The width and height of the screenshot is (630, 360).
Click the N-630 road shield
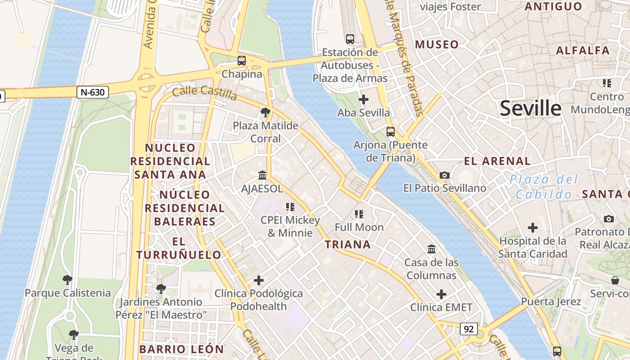93,93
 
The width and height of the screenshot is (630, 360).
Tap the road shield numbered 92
468,329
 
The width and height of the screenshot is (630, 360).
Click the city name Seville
531,108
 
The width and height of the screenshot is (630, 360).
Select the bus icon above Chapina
242,60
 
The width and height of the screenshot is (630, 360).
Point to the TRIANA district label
348,244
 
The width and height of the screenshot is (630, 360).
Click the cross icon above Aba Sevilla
364,99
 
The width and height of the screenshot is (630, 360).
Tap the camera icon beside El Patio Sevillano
445,175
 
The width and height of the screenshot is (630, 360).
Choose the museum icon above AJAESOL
262,175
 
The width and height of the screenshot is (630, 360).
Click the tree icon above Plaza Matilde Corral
265,112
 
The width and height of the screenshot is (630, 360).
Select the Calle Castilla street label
205,93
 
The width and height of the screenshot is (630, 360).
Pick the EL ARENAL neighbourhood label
497,161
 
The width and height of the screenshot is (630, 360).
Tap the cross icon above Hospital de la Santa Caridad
533,228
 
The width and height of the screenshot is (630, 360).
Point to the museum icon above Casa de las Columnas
432,249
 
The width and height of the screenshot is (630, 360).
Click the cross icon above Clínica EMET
441,294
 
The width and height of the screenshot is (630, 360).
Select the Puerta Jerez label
551,301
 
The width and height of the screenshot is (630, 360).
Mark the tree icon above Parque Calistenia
67,280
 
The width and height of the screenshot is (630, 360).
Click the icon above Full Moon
359,214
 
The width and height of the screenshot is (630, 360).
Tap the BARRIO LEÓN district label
181,349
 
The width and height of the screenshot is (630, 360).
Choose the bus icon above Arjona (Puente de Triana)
391,132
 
